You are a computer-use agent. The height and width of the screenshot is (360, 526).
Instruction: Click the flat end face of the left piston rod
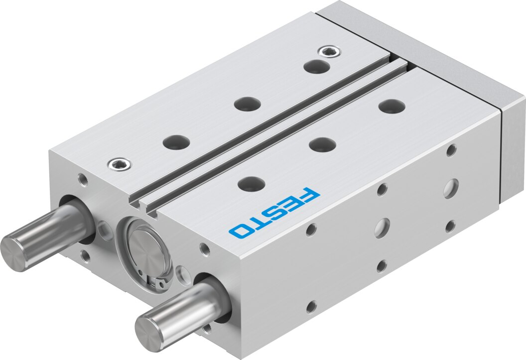click(x=13, y=251)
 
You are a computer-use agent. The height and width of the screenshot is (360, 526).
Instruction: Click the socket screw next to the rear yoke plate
click(x=330, y=52)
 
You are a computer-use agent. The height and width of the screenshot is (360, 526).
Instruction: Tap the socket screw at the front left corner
click(x=120, y=164)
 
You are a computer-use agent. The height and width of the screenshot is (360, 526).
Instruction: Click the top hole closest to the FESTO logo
click(x=252, y=183)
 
